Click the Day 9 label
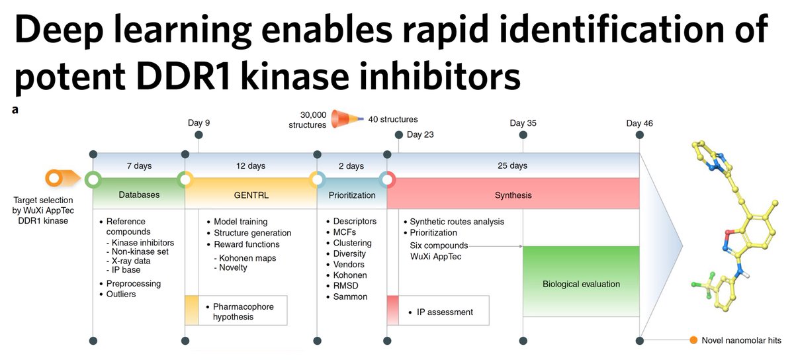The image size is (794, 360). [x=199, y=123]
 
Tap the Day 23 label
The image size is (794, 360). [x=420, y=135]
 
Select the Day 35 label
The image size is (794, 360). [x=523, y=123]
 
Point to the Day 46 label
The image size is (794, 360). [x=639, y=123]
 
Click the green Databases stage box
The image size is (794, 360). [x=139, y=195]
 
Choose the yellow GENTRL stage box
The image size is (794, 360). [x=251, y=195]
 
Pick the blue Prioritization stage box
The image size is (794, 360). [x=351, y=195]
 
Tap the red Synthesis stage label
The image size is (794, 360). [x=513, y=195]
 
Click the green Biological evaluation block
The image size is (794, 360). [x=581, y=284]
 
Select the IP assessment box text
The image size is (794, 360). [x=445, y=312]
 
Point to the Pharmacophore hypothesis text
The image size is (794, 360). [x=242, y=312]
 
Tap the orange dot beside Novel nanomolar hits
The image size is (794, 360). [x=693, y=340]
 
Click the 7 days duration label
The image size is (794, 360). [x=138, y=165]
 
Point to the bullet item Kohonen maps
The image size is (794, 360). [x=245, y=257]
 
